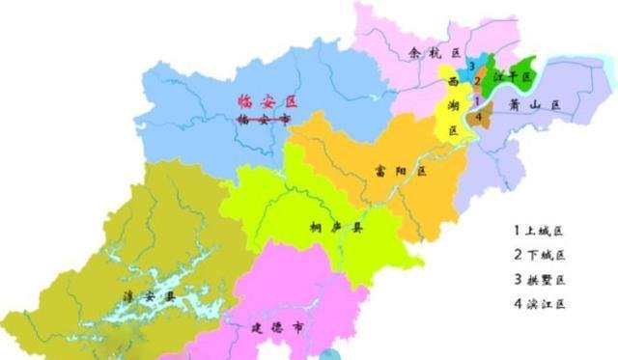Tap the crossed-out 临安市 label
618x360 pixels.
coord(264,120)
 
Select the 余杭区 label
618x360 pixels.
coord(433,53)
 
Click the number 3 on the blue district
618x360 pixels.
coord(470,66)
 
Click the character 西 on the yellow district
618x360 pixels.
coord(453,82)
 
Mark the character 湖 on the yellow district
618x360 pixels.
coord(453,106)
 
